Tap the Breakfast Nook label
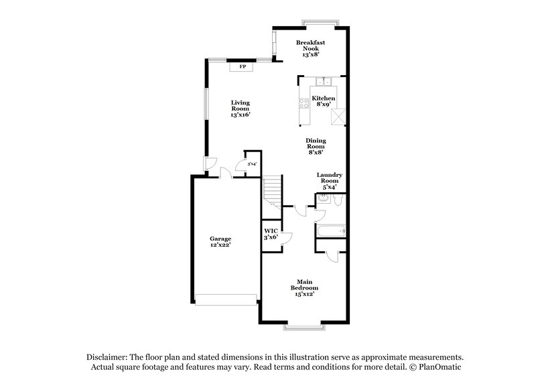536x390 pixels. (x=311, y=48)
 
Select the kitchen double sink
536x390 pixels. (x=324, y=82)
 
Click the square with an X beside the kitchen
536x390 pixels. (x=339, y=116)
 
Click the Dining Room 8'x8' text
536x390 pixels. (x=316, y=147)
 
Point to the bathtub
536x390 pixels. (x=330, y=232)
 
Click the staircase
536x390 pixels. (x=272, y=190)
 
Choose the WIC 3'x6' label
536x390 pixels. (x=271, y=235)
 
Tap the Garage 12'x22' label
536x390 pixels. (x=220, y=242)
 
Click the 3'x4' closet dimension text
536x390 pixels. (x=252, y=164)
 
